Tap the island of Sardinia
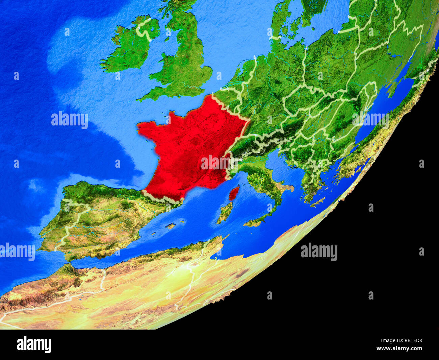225,212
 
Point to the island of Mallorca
171,225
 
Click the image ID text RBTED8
409,341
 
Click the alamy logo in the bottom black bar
34,345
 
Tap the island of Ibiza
154,233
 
